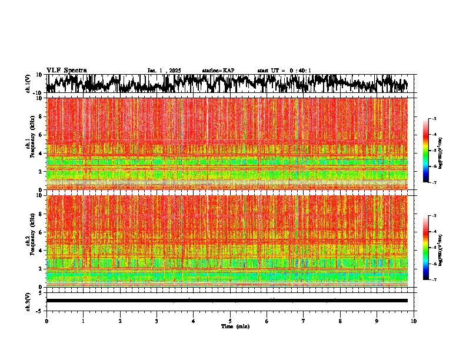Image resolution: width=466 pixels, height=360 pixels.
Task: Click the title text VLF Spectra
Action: click(x=66, y=70)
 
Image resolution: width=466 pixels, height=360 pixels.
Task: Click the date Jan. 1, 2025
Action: click(x=164, y=71)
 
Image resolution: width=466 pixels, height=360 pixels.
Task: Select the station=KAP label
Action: click(x=218, y=71)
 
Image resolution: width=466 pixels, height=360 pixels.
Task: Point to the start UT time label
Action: click(x=284, y=71)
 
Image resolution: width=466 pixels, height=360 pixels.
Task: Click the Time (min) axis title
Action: click(x=235, y=326)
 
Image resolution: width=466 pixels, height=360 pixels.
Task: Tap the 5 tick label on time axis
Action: click(x=230, y=321)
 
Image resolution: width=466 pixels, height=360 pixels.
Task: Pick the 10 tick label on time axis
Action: click(x=414, y=321)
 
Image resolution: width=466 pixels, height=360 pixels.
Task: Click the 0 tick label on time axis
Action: click(x=46, y=321)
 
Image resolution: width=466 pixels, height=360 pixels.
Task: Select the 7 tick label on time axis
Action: click(x=304, y=321)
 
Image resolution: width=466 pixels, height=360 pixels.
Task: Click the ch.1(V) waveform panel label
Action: click(x=28, y=84)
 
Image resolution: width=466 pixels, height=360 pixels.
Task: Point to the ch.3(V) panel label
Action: click(x=28, y=301)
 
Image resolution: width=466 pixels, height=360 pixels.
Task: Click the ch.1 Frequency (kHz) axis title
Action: click(x=29, y=144)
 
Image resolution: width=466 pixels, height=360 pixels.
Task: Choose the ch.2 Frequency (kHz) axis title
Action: click(x=29, y=241)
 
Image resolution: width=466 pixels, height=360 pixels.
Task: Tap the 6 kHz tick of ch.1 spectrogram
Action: click(x=41, y=135)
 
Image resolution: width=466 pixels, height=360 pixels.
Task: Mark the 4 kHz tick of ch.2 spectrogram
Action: click(x=41, y=250)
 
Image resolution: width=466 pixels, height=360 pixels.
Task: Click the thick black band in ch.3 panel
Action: click(x=227, y=301)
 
